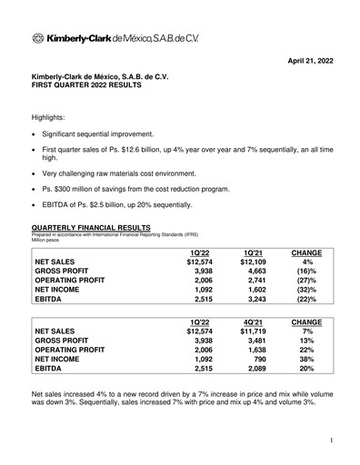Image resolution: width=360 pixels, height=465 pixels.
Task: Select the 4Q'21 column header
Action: click(x=253, y=321)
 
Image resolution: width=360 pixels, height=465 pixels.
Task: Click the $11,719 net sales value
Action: click(x=249, y=331)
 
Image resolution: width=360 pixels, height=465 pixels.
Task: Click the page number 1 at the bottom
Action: click(x=334, y=440)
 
